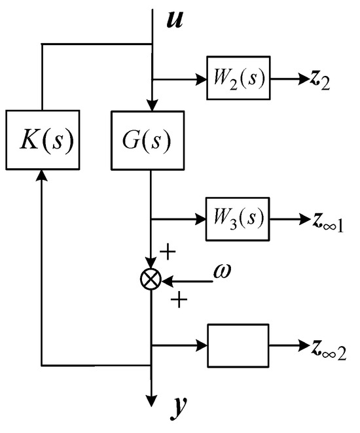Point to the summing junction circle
[x=151, y=279]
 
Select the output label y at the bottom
[x=178, y=407]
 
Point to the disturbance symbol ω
[x=223, y=270]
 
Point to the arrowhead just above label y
[x=151, y=400]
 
